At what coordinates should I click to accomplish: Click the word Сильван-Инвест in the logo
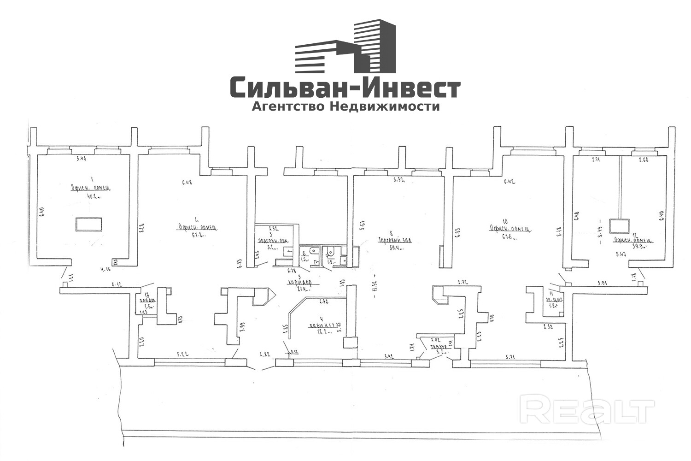tap(345, 88)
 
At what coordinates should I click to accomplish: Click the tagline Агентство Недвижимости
tap(345, 107)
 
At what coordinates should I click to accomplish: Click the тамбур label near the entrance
tap(438, 348)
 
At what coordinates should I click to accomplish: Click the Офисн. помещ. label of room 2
tap(198, 227)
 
